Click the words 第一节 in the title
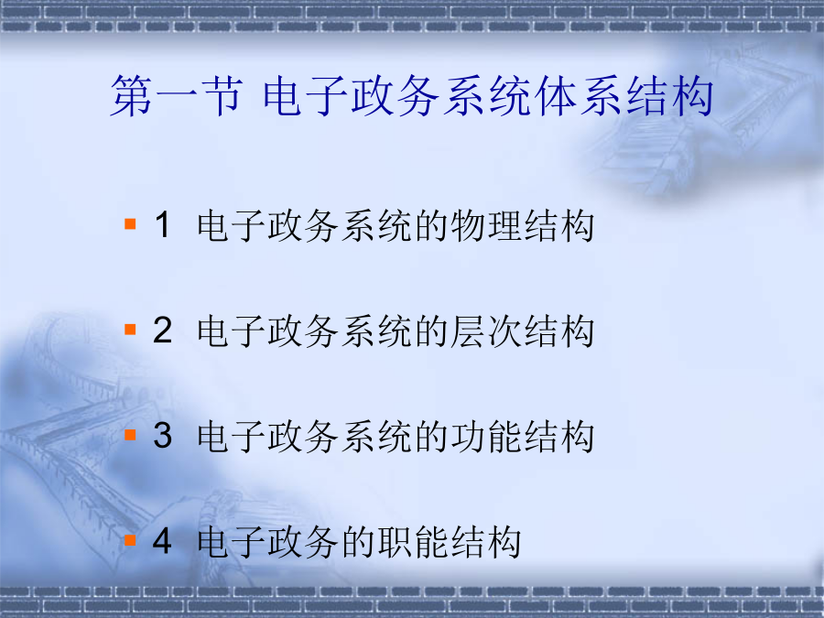tap(177, 95)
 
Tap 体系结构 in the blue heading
tap(623, 95)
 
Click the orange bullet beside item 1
tap(130, 224)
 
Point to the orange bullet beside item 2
tap(130, 330)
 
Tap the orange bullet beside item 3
tap(130, 435)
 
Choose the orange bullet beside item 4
tap(130, 539)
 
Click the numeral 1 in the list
tap(163, 224)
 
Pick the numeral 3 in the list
tap(163, 435)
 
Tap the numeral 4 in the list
tap(162, 540)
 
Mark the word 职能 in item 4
tap(413, 541)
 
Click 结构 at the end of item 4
tap(486, 541)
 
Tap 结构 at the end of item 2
tap(559, 331)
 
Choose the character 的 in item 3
tap(431, 436)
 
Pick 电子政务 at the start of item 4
tap(267, 541)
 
